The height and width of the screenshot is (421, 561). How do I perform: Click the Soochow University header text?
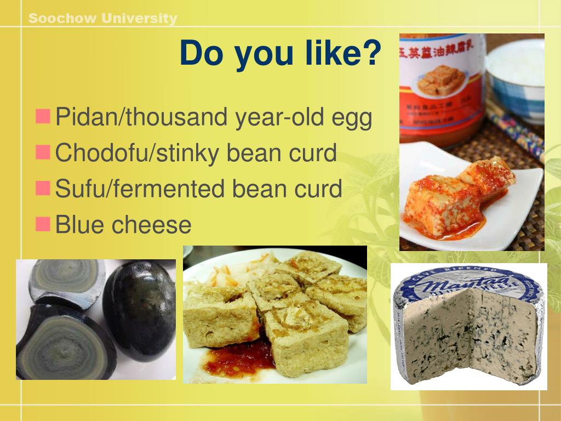pos(102,19)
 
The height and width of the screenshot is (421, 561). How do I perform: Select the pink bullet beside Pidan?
pos(43,116)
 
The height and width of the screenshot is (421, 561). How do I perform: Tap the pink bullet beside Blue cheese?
pos(43,223)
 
